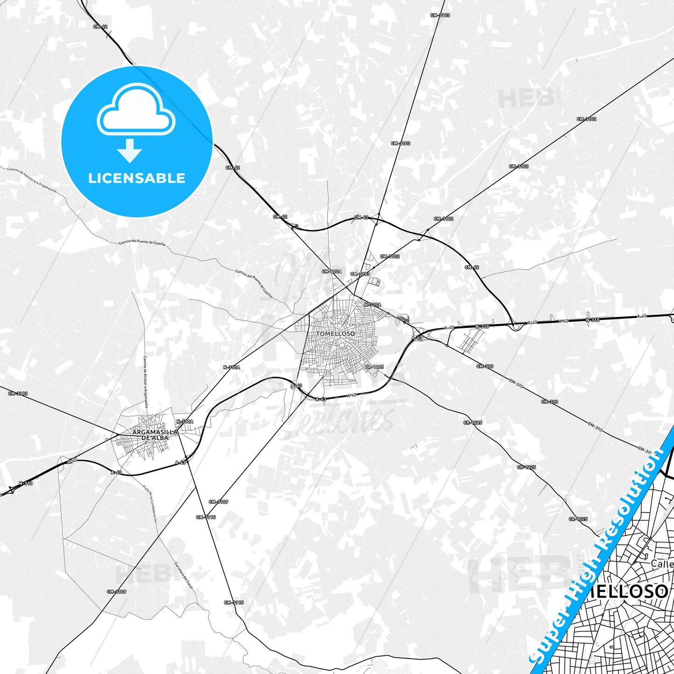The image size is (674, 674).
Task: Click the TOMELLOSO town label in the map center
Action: tap(335, 334)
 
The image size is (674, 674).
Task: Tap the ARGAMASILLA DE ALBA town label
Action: tap(155, 435)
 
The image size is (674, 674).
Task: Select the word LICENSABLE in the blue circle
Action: tap(137, 178)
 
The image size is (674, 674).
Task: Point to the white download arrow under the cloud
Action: tap(130, 150)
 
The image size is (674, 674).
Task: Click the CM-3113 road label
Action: tap(18, 393)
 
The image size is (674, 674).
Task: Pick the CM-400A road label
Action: tap(332, 271)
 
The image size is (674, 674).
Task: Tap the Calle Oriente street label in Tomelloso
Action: tap(359, 324)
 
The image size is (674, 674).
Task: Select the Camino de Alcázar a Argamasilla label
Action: tap(145, 382)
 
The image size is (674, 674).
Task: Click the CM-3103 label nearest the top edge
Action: tap(440, 15)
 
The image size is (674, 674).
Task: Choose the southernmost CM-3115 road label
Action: tap(234, 602)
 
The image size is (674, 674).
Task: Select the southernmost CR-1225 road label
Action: tap(578, 519)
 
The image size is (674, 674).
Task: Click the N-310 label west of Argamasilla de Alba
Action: tap(26, 483)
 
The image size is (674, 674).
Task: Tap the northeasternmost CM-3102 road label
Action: tap(586, 119)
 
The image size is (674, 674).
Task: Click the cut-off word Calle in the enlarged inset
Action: tap(662, 563)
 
